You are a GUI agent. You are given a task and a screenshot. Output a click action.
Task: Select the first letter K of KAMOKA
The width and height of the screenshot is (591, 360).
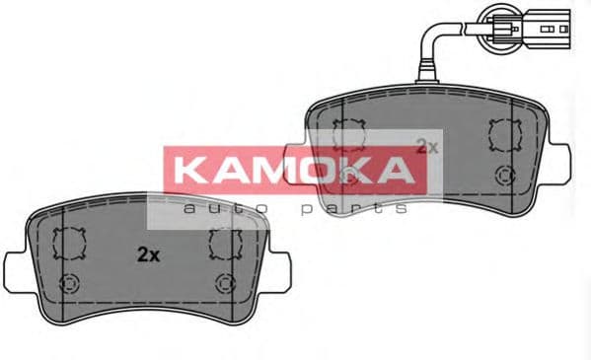[x=190, y=169]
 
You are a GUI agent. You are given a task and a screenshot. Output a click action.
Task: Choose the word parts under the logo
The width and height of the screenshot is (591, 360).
[x=353, y=208]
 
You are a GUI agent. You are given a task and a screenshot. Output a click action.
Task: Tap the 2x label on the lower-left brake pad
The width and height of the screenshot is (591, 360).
[x=147, y=253]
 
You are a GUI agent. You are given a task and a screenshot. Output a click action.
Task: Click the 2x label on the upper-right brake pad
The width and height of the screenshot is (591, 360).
[x=426, y=146]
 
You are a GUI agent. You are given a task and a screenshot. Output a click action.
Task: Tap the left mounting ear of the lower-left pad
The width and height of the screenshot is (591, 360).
[x=17, y=267]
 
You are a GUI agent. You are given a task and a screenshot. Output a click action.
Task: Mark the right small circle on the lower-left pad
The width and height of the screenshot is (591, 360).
[x=226, y=283]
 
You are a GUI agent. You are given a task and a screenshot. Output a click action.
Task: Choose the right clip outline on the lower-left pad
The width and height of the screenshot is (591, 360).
[x=226, y=243]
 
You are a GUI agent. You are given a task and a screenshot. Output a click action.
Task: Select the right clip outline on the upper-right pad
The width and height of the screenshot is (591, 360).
[x=505, y=133]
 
